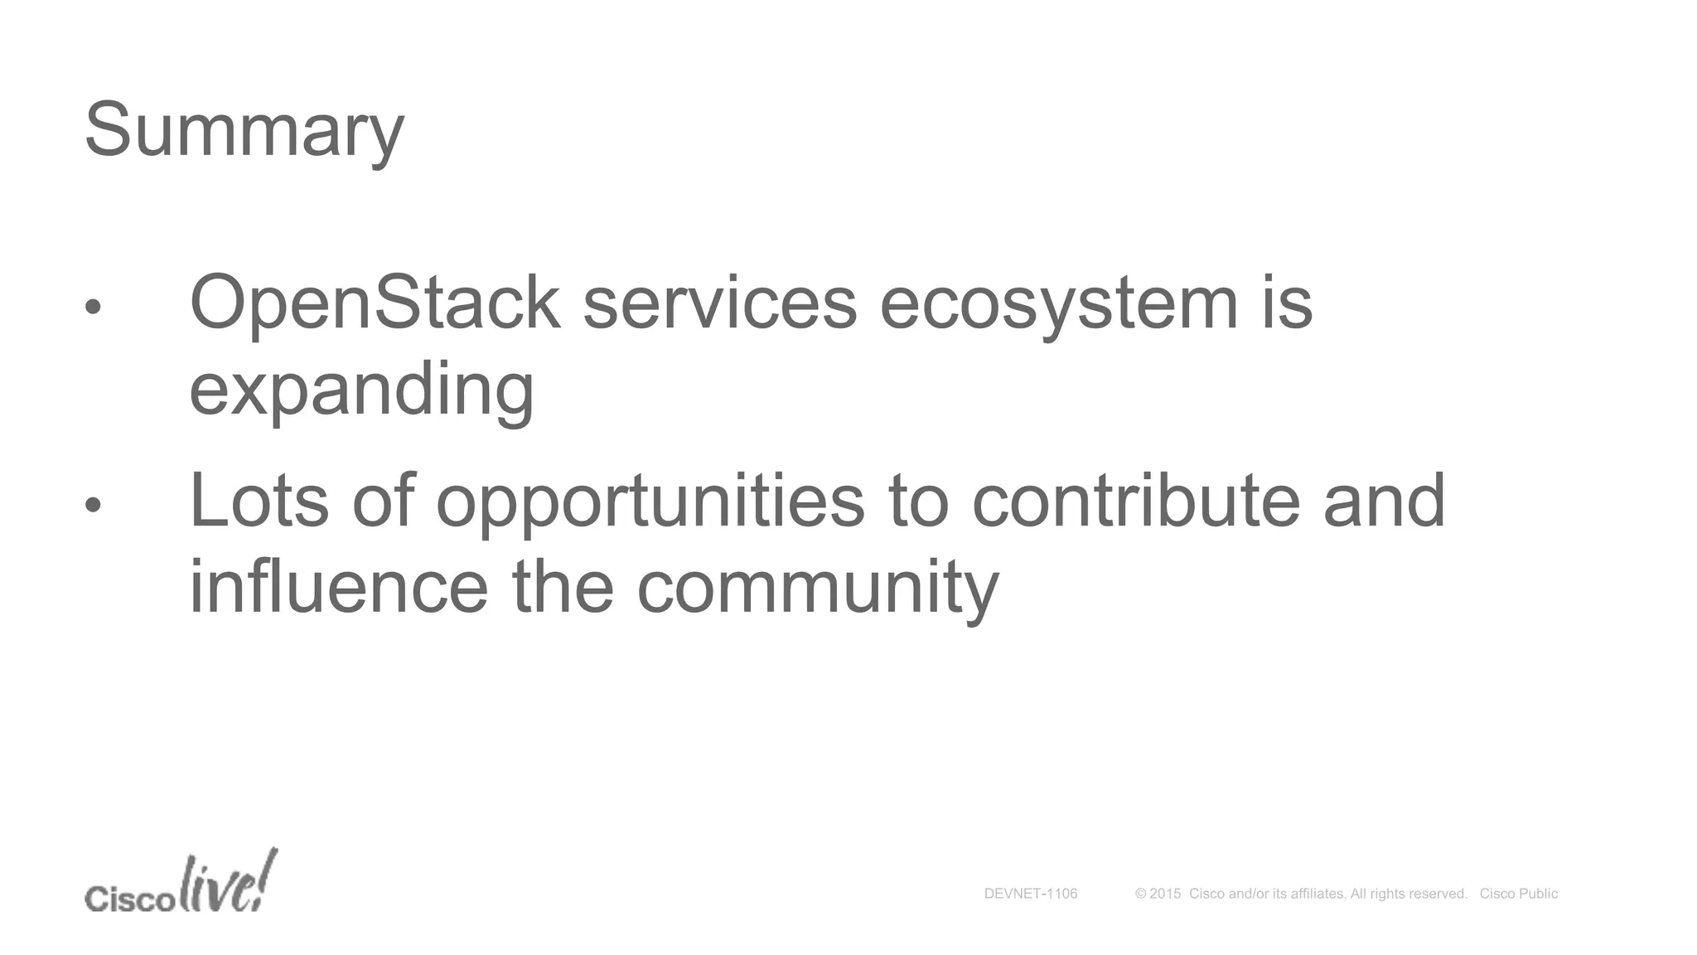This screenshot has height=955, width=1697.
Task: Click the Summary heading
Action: (x=244, y=131)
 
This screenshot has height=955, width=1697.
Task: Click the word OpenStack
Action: (x=375, y=303)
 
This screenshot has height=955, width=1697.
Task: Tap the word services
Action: (x=719, y=303)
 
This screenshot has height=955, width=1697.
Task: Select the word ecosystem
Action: (x=1058, y=304)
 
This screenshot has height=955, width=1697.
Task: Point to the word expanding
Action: (x=361, y=390)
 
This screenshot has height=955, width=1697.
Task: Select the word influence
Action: (x=339, y=586)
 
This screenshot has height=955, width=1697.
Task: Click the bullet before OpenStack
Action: (x=93, y=307)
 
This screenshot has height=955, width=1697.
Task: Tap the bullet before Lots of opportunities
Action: (x=93, y=504)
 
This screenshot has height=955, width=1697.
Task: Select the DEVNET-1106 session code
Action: (x=1030, y=894)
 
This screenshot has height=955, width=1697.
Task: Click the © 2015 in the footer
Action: (x=1158, y=894)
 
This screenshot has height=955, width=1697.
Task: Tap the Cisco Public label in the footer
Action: (x=1518, y=894)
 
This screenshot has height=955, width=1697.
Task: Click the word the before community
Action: (x=562, y=586)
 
